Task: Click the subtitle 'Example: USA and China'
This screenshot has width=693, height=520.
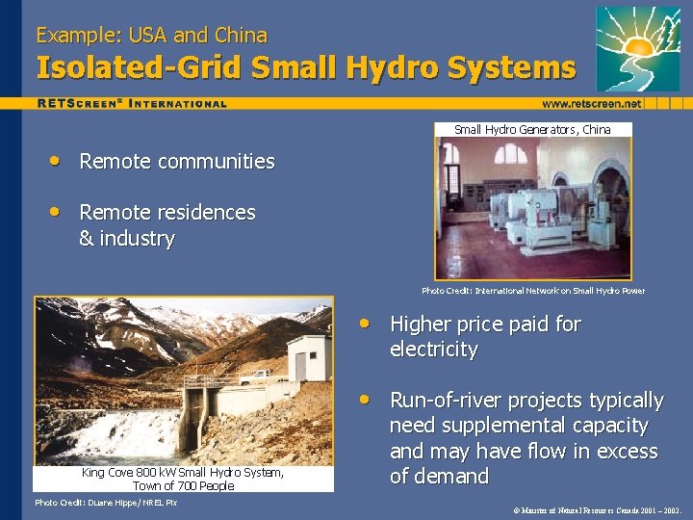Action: tap(151, 36)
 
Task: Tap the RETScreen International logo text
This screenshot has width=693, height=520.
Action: tap(132, 103)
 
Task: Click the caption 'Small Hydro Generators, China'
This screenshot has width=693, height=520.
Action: tap(532, 129)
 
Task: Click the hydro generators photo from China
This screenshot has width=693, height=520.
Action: tap(532, 207)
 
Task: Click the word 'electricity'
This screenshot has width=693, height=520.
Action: tap(433, 350)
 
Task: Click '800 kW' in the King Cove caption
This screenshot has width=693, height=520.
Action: tap(155, 473)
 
